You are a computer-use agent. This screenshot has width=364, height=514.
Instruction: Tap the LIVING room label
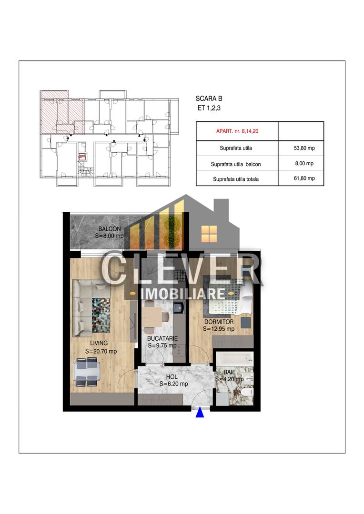point(99,343)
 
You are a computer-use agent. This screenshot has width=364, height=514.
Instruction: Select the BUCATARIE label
point(162,338)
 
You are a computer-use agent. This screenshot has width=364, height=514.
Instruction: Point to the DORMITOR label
point(219,322)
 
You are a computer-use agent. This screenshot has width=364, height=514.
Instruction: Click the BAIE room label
point(230,372)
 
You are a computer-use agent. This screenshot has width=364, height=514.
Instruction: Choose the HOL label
point(172,377)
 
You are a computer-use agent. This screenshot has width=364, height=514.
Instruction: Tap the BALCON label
point(110,229)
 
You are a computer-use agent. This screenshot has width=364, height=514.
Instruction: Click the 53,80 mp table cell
point(304,148)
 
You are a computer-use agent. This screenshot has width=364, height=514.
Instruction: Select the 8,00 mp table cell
point(304,163)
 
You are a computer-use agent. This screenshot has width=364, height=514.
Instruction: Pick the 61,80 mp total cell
point(304,178)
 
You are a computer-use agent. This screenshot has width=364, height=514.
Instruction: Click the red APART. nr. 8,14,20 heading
point(237,131)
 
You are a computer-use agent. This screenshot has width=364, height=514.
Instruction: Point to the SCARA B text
point(209,99)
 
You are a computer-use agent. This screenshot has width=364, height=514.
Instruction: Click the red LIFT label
point(82,157)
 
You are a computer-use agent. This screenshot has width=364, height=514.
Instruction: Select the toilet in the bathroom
point(247,392)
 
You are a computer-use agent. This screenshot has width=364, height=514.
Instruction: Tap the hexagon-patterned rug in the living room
point(101,315)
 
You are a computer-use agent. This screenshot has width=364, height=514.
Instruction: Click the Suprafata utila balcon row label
point(236,164)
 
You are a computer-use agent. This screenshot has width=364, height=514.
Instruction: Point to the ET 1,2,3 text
point(209,108)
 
